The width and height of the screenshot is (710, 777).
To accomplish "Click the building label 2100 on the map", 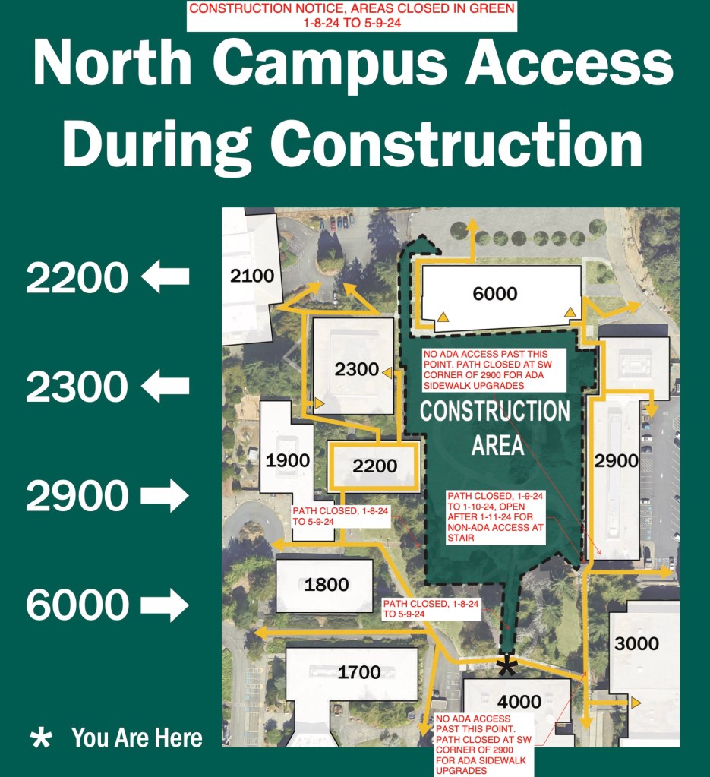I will coord(251,276).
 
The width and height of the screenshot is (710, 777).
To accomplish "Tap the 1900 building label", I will coord(288,460).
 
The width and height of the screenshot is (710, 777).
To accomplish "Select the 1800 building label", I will coord(327,584).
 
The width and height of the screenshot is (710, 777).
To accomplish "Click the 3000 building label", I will coord(636,644).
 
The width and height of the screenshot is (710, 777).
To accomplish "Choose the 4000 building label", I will coord(519,701).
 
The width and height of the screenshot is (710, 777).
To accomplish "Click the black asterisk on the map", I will coord(506,666).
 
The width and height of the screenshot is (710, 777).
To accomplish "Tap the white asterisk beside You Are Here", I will coord(39,738).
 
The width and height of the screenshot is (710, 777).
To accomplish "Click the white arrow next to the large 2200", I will coord(165,277).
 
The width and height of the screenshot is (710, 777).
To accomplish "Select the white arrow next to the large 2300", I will coord(165,387).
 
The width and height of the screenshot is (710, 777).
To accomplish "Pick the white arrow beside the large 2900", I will coord(165,496).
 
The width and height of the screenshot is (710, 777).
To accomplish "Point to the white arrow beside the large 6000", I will coord(165,605).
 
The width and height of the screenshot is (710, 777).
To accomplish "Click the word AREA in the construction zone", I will coord(498,445).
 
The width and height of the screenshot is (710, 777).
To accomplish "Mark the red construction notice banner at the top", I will coord(352,16).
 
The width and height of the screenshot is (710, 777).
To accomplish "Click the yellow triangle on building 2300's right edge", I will coord(387,372).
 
